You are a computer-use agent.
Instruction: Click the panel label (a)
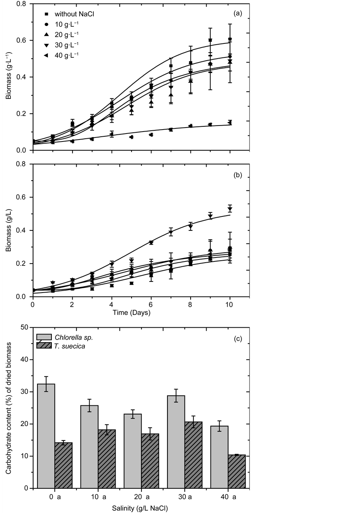(x=238, y=13)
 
